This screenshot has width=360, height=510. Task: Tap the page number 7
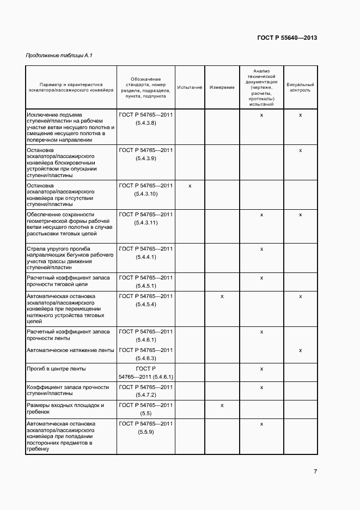tap(315, 471)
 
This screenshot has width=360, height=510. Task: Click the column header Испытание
tap(190, 87)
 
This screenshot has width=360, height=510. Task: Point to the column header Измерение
tap(222, 87)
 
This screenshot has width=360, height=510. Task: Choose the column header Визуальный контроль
tap(300, 87)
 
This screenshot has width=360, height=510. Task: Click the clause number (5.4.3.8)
tap(146, 123)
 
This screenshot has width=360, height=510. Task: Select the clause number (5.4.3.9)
tap(146, 158)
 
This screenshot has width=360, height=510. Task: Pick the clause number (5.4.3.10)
tap(146, 194)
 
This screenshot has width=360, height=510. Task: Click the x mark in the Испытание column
tap(190, 186)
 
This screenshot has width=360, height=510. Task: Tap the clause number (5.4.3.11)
tap(146, 223)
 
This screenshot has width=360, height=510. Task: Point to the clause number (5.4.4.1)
tap(146, 257)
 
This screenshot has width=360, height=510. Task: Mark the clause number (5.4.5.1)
tap(146, 286)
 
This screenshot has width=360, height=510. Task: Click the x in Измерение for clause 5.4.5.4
tap(222, 296)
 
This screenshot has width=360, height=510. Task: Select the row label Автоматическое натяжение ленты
tap(70, 350)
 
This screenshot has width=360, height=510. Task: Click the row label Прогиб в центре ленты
tap(56, 369)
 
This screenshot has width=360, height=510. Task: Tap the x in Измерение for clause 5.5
tap(222, 405)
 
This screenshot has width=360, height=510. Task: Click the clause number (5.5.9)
tap(146, 432)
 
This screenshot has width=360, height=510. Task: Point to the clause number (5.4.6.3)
tap(146, 358)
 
